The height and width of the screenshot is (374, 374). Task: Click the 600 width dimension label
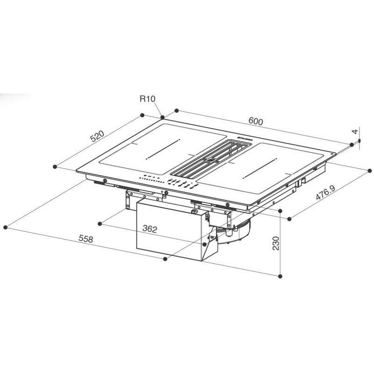pos(256,121)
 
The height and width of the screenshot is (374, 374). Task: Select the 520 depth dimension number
pos(97,137)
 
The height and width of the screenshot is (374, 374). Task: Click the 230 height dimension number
pos(275,243)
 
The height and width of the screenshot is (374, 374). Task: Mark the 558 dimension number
pos(85,239)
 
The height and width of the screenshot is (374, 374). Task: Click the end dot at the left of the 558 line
pos(5,228)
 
